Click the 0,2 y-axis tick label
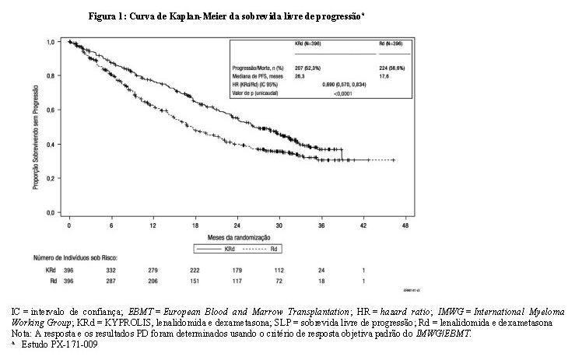tap(52, 178)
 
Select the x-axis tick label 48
tap(405, 225)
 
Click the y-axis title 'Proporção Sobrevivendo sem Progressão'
tap(37, 126)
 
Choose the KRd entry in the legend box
tap(223, 248)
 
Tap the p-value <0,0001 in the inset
tap(340, 93)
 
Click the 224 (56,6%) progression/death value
tap(391, 66)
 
